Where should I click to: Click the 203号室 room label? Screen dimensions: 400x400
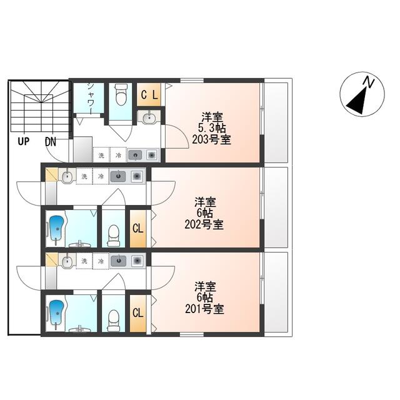(211, 140)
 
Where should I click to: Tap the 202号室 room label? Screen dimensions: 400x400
(204, 225)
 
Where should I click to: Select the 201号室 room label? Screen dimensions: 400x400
(204, 309)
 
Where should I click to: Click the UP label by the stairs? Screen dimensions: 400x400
(24, 141)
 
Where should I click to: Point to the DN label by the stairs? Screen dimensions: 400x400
(51, 142)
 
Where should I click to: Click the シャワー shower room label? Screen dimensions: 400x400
(90, 98)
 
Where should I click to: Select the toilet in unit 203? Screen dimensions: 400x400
(121, 94)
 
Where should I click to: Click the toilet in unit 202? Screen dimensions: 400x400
(114, 236)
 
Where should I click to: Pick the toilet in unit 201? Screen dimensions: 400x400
(114, 321)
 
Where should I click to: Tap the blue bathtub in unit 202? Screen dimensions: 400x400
(57, 228)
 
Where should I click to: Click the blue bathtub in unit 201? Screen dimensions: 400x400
(57, 312)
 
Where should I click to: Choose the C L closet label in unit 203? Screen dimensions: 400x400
(149, 95)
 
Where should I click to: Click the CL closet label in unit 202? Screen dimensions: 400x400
(138, 228)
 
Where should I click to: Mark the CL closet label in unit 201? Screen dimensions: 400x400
(138, 312)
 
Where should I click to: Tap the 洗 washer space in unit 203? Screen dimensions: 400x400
(101, 155)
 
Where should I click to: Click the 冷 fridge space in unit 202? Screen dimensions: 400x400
(101, 176)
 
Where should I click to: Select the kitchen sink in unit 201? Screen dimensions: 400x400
(119, 261)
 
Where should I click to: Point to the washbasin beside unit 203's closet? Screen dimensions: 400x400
(149, 118)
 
